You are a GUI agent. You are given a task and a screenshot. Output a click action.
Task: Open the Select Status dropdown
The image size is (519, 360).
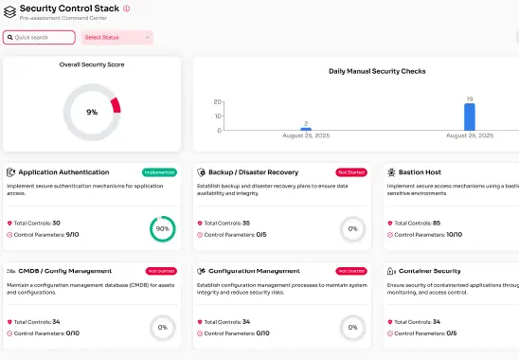(x=118, y=38)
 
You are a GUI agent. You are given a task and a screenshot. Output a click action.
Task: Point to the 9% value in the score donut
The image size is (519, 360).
(x=92, y=112)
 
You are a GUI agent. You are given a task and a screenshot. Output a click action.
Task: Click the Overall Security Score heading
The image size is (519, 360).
(x=92, y=64)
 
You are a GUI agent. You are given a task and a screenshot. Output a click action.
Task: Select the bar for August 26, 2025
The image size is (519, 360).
(x=469, y=117)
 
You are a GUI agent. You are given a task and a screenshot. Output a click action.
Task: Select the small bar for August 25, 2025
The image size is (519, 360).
(x=306, y=128)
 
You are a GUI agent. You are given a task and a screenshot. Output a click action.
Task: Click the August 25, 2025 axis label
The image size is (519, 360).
(x=306, y=135)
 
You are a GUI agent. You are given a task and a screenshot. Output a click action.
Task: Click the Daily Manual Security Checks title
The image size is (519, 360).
(x=377, y=71)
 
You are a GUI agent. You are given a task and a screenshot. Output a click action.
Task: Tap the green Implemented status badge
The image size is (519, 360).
(x=159, y=172)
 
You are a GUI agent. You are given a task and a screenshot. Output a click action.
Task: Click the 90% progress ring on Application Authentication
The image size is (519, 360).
(x=162, y=228)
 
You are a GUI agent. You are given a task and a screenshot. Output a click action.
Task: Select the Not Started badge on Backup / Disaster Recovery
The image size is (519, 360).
(x=350, y=172)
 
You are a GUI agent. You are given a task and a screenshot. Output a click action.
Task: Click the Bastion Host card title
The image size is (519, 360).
(x=421, y=172)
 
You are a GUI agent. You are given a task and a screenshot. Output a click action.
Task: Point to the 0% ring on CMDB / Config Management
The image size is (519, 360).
(x=162, y=327)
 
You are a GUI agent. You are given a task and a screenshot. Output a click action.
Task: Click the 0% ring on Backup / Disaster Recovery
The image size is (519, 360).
(x=352, y=228)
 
